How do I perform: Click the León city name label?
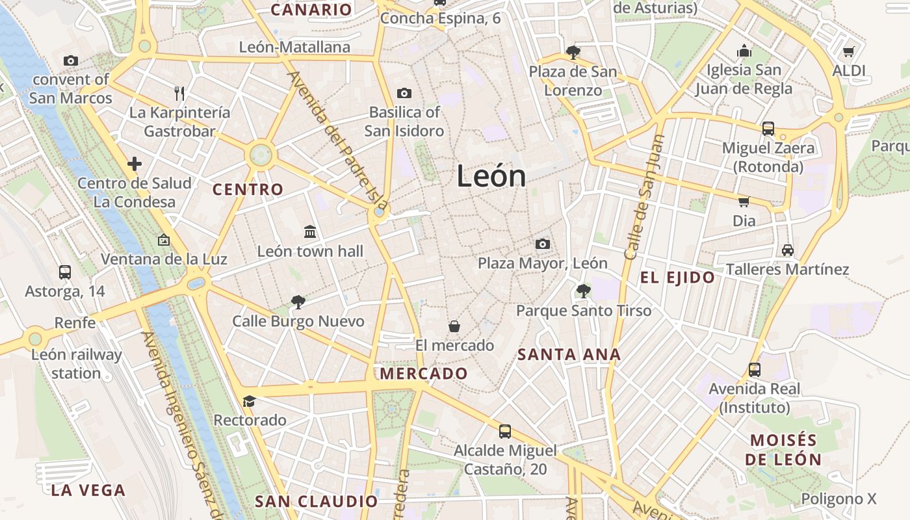(x=491, y=176)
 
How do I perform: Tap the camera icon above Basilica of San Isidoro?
(x=404, y=93)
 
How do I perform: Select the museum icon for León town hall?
(x=310, y=231)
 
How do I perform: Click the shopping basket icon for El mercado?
(x=454, y=326)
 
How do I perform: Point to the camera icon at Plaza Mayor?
(x=543, y=244)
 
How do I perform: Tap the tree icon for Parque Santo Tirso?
(x=583, y=291)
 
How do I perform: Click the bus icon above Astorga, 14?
(x=65, y=272)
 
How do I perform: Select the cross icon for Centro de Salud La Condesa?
(x=135, y=164)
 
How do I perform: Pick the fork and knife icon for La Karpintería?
(x=179, y=94)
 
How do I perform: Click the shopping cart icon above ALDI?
(x=848, y=51)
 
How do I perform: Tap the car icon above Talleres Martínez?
(x=787, y=250)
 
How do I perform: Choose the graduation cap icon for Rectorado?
(x=249, y=400)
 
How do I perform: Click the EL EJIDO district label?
(x=677, y=278)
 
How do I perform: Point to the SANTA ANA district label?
(x=569, y=355)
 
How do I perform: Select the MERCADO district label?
(x=424, y=374)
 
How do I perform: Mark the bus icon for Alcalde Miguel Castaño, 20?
(x=505, y=431)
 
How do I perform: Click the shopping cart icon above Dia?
(x=744, y=201)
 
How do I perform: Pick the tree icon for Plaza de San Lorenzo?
(x=573, y=52)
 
